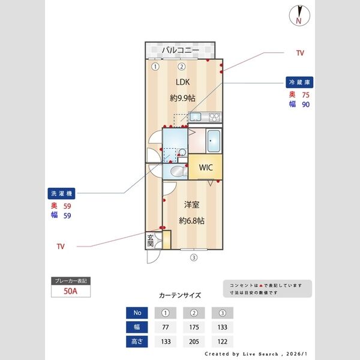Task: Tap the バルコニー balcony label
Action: (x=179, y=50)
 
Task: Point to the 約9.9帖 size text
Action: (x=183, y=97)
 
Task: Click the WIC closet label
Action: (x=206, y=167)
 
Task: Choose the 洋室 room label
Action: (x=191, y=205)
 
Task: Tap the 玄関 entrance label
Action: (x=151, y=241)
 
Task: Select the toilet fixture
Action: (x=176, y=173)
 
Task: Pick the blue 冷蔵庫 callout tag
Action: (x=300, y=82)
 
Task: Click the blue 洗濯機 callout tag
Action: (x=61, y=194)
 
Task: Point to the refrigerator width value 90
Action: (x=305, y=104)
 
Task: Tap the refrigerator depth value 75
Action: (x=305, y=94)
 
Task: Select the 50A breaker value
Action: (x=71, y=292)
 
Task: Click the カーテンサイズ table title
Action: (x=180, y=295)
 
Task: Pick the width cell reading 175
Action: (x=194, y=328)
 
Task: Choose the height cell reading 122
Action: (x=223, y=341)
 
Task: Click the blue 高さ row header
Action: (x=137, y=341)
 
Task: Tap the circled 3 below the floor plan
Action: (x=193, y=258)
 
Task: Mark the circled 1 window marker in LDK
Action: (x=155, y=67)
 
